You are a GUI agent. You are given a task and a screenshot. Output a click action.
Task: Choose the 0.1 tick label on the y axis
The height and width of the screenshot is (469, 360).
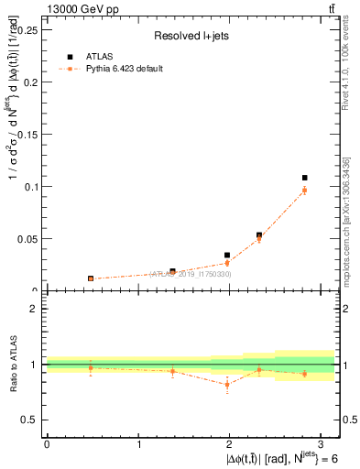coord(29,186)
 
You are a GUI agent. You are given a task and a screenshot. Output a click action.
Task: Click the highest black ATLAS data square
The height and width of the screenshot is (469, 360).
coord(305,178)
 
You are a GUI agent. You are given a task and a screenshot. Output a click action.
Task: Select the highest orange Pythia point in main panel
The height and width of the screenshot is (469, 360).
coord(305,190)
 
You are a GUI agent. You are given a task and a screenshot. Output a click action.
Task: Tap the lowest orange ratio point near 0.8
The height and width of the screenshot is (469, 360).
coord(227,385)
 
